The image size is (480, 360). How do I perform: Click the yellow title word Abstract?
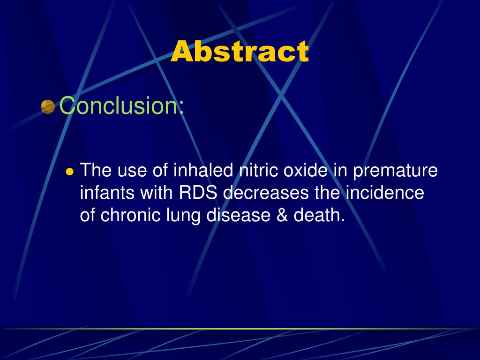(240, 52)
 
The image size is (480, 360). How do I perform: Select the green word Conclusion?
(122, 106)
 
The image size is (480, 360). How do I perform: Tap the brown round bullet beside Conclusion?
(48, 107)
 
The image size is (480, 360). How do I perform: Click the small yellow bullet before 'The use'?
(70, 172)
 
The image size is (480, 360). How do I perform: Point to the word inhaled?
(203, 171)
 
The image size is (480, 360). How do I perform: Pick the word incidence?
(384, 193)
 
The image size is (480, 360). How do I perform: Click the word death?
(319, 216)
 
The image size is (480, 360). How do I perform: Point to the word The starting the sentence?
(96, 171)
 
